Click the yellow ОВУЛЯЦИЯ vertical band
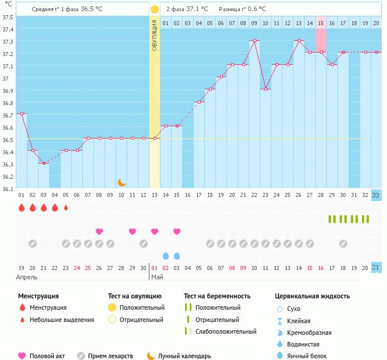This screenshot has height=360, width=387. [154, 105]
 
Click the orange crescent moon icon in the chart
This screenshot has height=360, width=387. [121, 182]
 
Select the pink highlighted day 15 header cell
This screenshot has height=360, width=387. [321, 23]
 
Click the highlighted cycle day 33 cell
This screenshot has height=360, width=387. [376, 195]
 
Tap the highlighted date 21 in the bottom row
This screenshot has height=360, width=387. [376, 268]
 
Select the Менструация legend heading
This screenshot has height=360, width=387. [39, 296]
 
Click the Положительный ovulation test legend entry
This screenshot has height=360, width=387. [142, 307]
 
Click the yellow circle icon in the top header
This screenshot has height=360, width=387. [154, 9]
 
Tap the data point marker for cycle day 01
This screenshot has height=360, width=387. [22, 114]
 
